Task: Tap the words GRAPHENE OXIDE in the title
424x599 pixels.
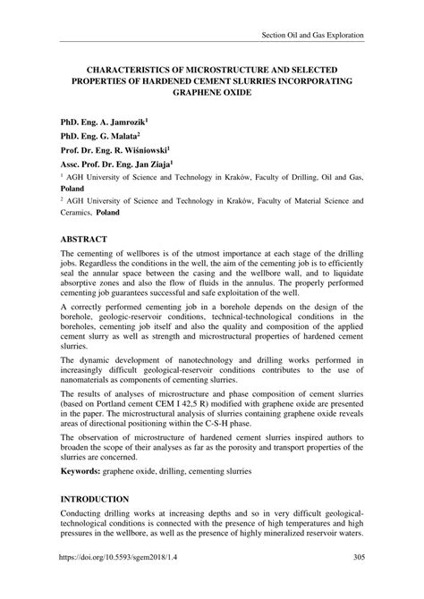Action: pos(211,92)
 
